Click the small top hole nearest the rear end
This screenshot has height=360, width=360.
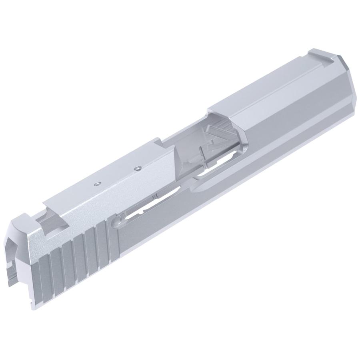(x=96, y=184)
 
